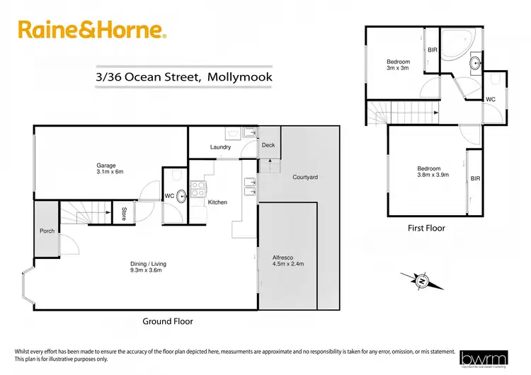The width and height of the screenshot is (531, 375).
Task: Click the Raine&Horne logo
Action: tap(93, 30)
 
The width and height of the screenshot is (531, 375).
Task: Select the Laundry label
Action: tap(221, 147)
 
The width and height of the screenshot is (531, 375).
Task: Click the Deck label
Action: tap(268, 145)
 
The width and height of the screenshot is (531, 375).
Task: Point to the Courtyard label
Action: tap(304, 177)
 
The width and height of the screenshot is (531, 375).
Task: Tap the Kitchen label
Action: tap(217, 202)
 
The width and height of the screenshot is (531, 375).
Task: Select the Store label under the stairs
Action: tap(124, 213)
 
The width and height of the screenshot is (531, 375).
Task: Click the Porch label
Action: tap(47, 231)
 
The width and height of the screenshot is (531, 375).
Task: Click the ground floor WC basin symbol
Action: tap(181, 196)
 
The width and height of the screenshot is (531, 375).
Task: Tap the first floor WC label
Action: tap(490, 100)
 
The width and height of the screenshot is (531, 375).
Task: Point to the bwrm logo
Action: tap(485, 358)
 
